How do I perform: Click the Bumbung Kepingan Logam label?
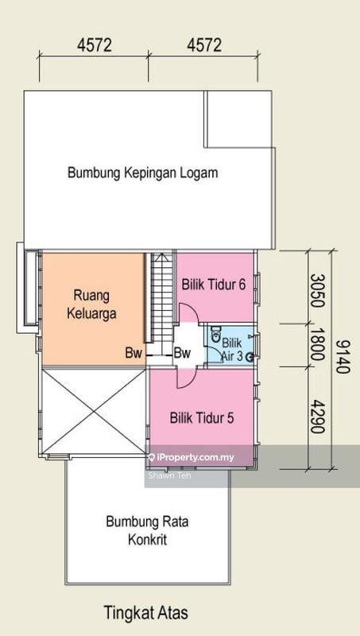pos(142,172)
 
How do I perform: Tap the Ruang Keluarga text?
pos(95,302)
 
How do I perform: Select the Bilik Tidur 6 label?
pos(213,284)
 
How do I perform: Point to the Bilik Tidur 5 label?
pos(202,416)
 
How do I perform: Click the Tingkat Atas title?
pos(146,613)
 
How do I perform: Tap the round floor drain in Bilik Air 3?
pos(249,357)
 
